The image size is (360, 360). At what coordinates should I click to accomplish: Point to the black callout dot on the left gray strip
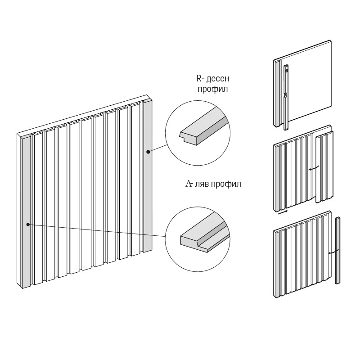click(28, 224)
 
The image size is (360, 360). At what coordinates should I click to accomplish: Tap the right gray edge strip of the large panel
click(147, 180)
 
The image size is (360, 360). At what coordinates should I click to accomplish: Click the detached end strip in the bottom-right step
click(338, 250)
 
